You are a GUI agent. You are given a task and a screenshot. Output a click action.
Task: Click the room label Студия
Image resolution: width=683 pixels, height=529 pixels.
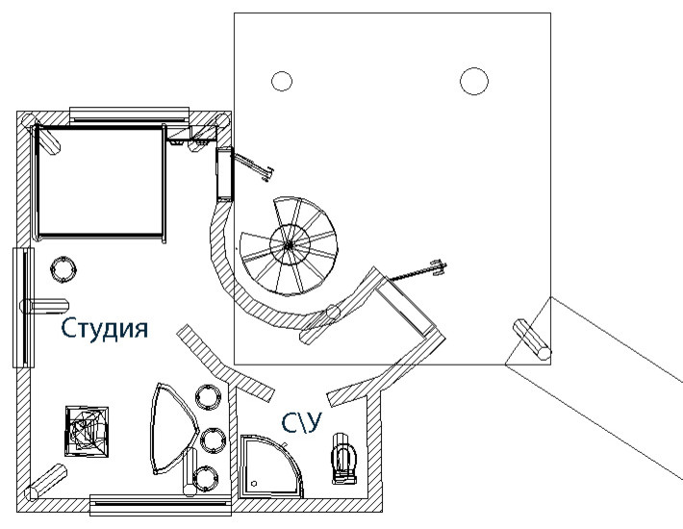click(x=105, y=330)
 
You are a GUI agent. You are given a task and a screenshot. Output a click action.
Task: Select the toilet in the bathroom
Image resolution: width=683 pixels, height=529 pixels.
click(x=342, y=458)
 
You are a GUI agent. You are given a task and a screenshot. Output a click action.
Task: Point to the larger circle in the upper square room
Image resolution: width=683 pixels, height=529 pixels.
click(x=473, y=82)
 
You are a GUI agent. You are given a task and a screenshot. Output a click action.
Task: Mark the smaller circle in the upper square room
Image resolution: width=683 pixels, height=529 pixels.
click(x=281, y=82)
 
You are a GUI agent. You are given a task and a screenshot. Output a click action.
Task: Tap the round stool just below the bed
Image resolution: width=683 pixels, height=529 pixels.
click(x=63, y=268)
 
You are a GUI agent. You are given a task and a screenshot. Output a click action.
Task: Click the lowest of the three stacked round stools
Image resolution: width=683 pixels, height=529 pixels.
click(x=204, y=476)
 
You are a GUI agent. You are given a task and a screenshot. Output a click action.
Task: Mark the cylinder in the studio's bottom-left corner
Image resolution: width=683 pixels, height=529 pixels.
click(x=47, y=482)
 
